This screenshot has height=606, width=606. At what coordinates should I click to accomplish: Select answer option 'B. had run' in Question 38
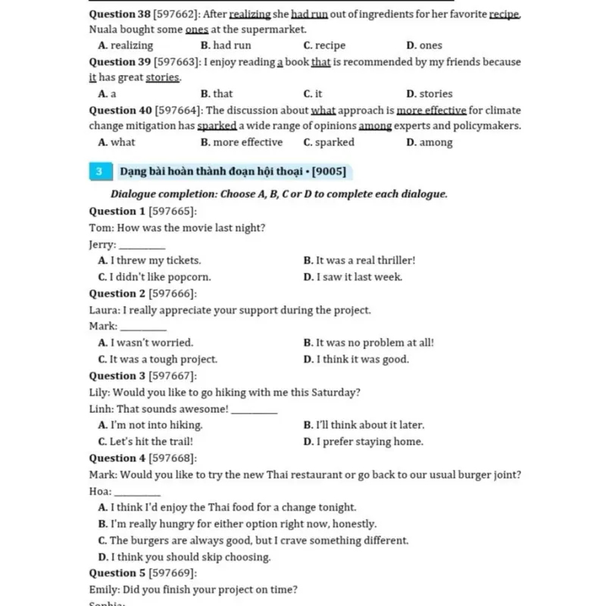coord(226,45)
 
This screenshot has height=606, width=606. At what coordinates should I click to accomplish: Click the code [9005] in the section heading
coord(328,172)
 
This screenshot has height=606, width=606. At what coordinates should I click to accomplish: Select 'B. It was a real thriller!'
coord(359,261)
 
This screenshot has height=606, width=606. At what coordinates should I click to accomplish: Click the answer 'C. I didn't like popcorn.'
coord(155,277)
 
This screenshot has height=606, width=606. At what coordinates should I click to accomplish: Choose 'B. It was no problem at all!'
coord(368,342)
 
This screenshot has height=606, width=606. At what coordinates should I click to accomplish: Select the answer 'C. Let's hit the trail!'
coord(145,442)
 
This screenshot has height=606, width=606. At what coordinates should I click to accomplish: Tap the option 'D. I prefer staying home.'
coord(363,442)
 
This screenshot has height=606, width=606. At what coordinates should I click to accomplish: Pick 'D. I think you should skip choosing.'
coord(184,558)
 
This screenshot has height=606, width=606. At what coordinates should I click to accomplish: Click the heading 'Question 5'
coord(117,573)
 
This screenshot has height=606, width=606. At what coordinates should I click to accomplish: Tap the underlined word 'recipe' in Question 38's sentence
coord(504,14)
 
